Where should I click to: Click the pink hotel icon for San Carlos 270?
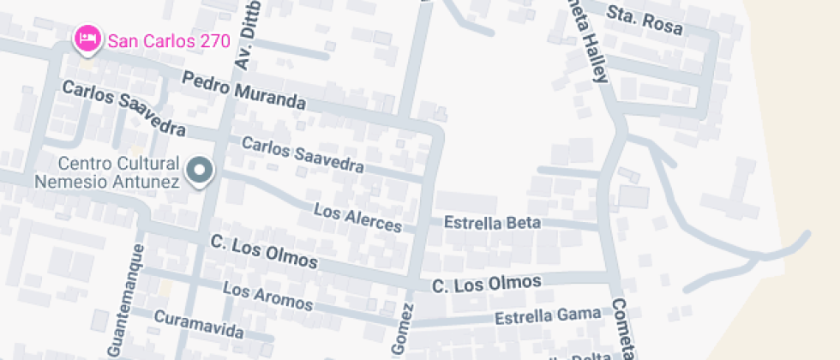(86, 38)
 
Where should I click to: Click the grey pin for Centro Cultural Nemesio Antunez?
(201, 171)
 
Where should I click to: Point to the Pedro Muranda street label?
(244, 90)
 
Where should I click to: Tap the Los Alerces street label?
(357, 218)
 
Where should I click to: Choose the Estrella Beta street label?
(492, 223)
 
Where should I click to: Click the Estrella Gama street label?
(549, 315)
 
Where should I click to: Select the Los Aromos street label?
(267, 297)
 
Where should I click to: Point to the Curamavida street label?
(198, 324)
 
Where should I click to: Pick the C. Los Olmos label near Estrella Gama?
(486, 283)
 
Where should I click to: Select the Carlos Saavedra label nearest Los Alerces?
(302, 153)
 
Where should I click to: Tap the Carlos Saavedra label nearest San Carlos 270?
(123, 109)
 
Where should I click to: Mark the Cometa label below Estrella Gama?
(624, 330)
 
